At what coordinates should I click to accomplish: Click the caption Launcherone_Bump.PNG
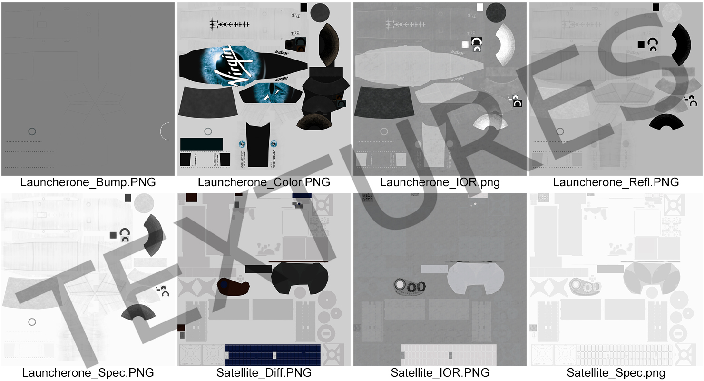point(88,182)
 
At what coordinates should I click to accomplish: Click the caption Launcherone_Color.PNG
point(264,182)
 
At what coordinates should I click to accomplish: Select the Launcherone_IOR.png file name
point(440,182)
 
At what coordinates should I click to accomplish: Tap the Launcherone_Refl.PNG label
point(616,182)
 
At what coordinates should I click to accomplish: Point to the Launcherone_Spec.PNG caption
point(88,373)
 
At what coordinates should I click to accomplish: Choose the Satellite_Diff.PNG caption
point(264,373)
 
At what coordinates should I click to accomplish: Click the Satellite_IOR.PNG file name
point(440,373)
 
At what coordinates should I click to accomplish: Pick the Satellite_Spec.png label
point(616,373)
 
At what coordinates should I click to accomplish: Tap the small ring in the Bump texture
point(32,131)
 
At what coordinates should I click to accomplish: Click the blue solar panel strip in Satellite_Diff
point(272,355)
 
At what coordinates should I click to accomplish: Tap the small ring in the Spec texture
point(32,322)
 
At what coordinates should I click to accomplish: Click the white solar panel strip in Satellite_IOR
point(448,355)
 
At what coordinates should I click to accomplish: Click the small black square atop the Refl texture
point(656,7)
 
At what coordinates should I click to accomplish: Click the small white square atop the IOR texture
point(480,7)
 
